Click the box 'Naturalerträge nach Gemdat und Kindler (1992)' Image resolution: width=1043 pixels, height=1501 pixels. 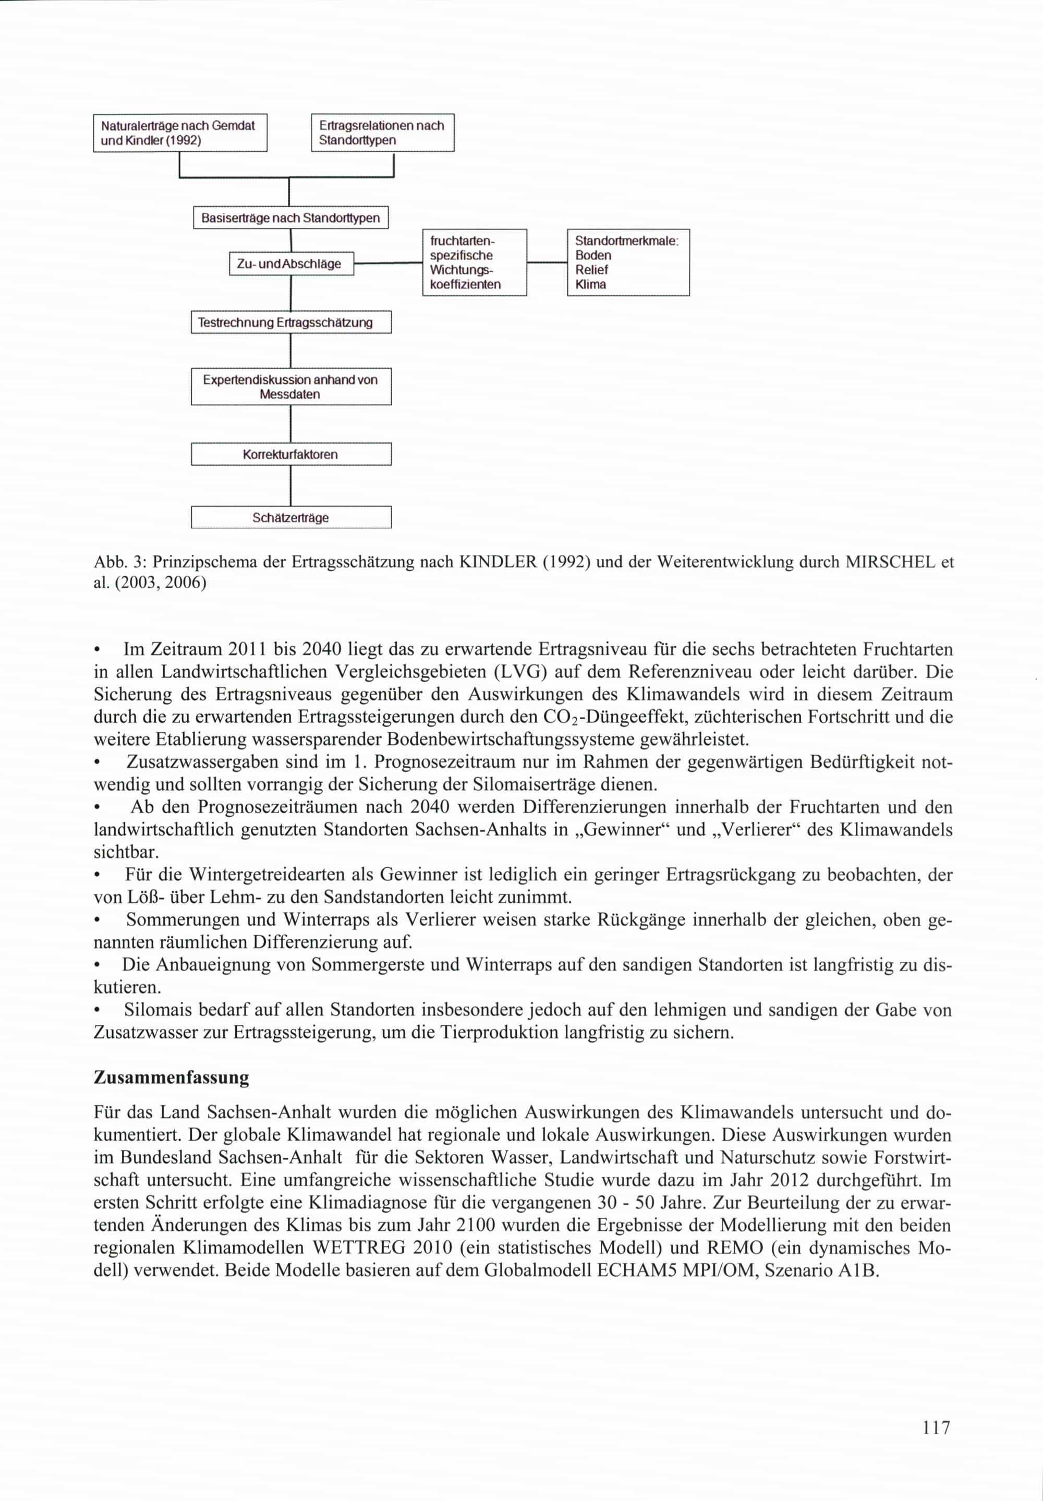tap(180, 132)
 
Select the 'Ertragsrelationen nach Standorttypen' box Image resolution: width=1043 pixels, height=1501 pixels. tap(382, 132)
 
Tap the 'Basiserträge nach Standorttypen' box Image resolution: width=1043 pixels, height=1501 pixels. tap(291, 217)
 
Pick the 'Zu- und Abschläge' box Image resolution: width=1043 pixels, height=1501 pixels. tap(291, 264)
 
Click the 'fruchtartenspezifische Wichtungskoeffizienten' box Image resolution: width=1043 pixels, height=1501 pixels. tap(475, 263)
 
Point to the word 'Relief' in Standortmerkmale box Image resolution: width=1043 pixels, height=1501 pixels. tap(591, 270)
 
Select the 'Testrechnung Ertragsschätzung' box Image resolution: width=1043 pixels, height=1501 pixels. tap(291, 322)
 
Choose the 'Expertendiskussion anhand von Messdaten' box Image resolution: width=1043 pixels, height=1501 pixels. tap(291, 387)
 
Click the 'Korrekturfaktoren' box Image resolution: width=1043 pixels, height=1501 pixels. tap(291, 454)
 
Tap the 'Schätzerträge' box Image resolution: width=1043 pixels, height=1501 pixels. tap(291, 517)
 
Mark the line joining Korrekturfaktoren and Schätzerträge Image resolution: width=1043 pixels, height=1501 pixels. tap(290, 486)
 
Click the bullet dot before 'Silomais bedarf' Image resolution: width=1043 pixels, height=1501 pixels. tap(98, 1011)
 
